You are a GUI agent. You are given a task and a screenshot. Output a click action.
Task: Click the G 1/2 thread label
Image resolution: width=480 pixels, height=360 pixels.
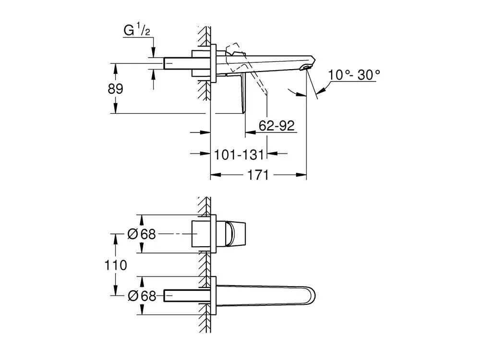pyautogui.click(x=136, y=30)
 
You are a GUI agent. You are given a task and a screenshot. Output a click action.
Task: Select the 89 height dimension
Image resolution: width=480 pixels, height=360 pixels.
pyautogui.click(x=115, y=89)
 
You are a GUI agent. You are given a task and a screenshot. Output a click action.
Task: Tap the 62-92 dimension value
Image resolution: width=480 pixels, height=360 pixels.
pyautogui.click(x=276, y=125)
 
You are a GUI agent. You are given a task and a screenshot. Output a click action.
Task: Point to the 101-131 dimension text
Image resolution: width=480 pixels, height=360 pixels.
pyautogui.click(x=239, y=155)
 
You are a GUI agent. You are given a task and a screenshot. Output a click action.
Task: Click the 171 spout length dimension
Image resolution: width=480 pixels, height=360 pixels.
pyautogui.click(x=258, y=175)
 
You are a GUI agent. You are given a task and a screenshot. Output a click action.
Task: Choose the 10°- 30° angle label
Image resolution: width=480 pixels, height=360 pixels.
pyautogui.click(x=354, y=75)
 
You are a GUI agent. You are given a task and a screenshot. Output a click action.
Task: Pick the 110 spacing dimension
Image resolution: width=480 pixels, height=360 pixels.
pyautogui.click(x=115, y=265)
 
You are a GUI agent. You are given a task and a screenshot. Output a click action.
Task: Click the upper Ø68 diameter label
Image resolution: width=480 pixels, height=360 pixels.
pyautogui.click(x=142, y=234)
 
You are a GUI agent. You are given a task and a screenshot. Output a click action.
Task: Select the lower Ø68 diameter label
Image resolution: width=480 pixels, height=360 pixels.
pyautogui.click(x=142, y=296)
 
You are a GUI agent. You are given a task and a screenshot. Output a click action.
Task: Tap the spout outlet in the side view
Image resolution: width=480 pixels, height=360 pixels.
pyautogui.click(x=307, y=67)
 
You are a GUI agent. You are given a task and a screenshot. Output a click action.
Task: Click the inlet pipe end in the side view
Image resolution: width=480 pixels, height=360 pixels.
pyautogui.click(x=166, y=63)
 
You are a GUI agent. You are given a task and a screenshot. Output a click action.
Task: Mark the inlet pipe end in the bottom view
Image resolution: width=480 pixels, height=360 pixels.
pyautogui.click(x=166, y=296)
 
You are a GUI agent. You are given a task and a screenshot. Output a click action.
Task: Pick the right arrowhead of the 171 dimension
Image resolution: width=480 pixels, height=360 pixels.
pyautogui.click(x=301, y=175)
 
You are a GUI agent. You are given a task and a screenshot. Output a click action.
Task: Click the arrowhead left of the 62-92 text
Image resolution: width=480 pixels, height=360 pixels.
pyautogui.click(x=251, y=132)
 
